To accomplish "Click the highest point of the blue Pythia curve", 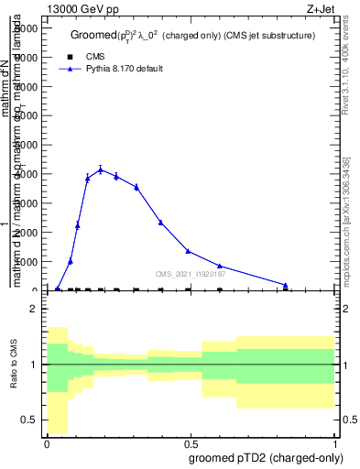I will tap(101, 169).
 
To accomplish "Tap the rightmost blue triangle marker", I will tap(286, 285).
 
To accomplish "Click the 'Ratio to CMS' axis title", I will tap(14, 365).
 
